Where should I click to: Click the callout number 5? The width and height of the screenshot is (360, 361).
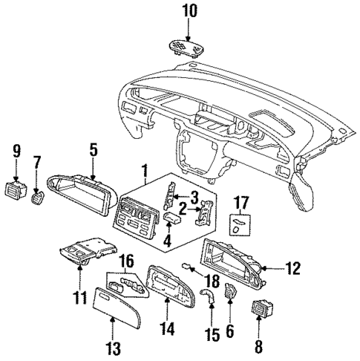click(x=94, y=149)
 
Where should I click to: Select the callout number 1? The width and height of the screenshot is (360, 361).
click(x=145, y=170)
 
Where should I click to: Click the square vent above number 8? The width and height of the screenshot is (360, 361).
click(x=260, y=306)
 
